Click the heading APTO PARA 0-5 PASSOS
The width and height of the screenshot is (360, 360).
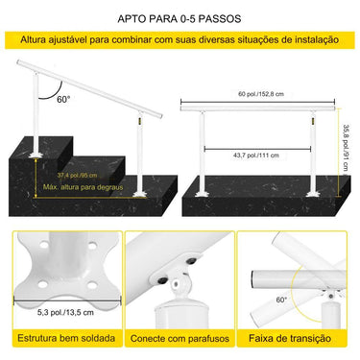[x=180, y=18]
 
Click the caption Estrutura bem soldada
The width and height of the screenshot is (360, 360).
[x=61, y=340]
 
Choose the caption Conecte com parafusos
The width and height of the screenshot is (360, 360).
[x=180, y=340]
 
